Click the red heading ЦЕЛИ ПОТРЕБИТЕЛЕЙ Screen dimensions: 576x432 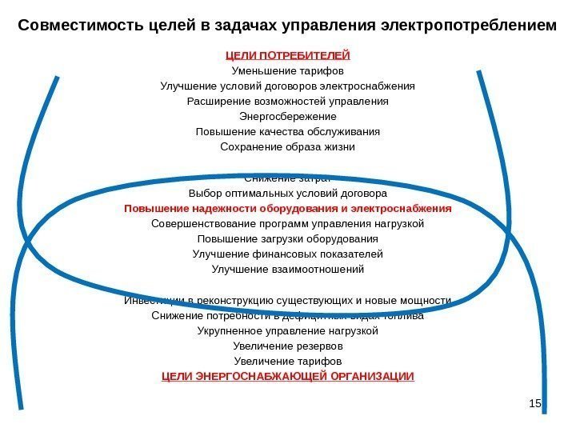tap(288, 55)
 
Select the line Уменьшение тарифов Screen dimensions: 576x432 tap(288, 70)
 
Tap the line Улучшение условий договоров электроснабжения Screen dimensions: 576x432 tap(288, 86)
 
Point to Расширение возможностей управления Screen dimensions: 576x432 tap(288, 102)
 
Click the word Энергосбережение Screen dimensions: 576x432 tap(288, 117)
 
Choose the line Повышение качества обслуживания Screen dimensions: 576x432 tap(288, 132)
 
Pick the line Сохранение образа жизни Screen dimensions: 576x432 tap(288, 147)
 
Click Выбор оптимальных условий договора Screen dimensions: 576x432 tap(288, 194)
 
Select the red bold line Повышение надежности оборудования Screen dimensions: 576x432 tap(288, 209)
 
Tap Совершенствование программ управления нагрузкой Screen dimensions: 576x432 tap(288, 224)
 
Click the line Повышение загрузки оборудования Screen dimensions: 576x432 tap(288, 239)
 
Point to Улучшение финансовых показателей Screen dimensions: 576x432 tap(288, 254)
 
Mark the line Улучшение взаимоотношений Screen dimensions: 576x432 tap(288, 270)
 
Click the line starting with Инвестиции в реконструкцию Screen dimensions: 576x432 tap(288, 301)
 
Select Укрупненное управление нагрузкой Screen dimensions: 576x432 tap(288, 331)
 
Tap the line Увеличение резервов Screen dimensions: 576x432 tap(288, 346)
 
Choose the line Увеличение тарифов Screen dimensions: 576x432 tap(288, 362)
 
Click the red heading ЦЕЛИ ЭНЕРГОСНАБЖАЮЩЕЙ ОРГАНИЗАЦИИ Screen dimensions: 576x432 tap(288, 377)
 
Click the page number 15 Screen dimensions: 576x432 tap(537, 406)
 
